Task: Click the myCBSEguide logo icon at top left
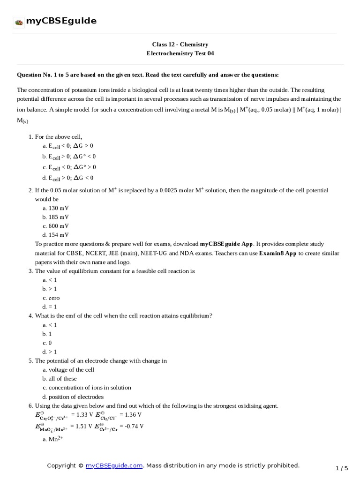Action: coord(19,22)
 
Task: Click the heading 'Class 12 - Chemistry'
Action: coord(177,45)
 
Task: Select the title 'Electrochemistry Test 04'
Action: coord(177,53)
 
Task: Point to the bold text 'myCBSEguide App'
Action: coord(226,244)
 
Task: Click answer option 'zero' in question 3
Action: coord(54,298)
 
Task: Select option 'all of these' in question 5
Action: coord(62,378)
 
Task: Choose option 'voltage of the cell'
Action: coord(71,369)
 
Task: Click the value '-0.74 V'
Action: coord(134,426)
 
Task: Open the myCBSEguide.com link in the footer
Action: coord(114,465)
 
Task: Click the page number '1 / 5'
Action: coord(342,468)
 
